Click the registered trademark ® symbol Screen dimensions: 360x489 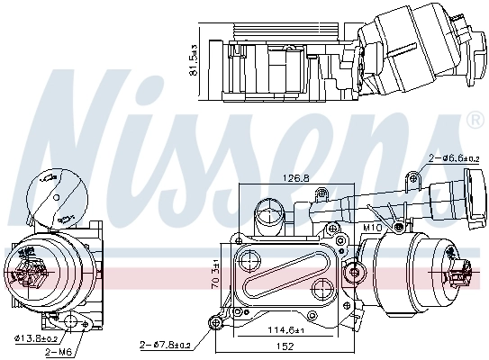point(475,120)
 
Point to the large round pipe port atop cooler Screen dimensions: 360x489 point(268,216)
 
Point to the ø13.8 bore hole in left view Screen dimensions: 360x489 point(71,321)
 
